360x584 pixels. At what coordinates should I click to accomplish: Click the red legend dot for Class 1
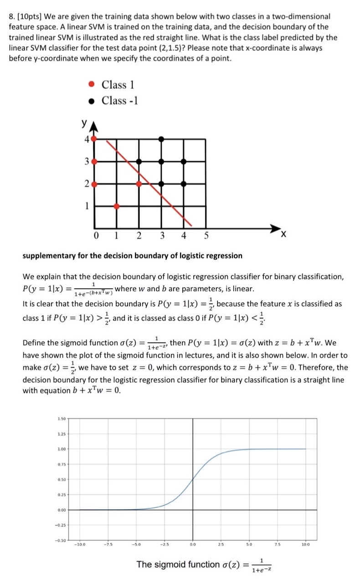point(92,84)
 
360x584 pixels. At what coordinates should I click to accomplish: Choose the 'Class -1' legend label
point(119,100)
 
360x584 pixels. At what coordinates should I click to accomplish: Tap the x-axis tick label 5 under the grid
point(206,236)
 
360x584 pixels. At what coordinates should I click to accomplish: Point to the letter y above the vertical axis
point(84,123)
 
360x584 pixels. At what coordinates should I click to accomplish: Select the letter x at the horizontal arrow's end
point(283,234)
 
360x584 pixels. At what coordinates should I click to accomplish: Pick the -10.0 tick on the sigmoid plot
point(81,544)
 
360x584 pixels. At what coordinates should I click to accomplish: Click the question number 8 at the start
point(11,16)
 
